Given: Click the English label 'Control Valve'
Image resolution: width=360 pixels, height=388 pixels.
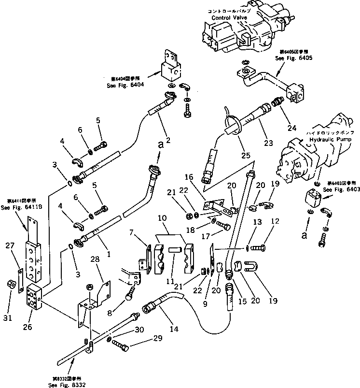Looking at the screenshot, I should (x=228, y=17).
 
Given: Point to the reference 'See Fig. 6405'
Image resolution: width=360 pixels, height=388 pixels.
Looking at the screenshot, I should (x=294, y=57).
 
